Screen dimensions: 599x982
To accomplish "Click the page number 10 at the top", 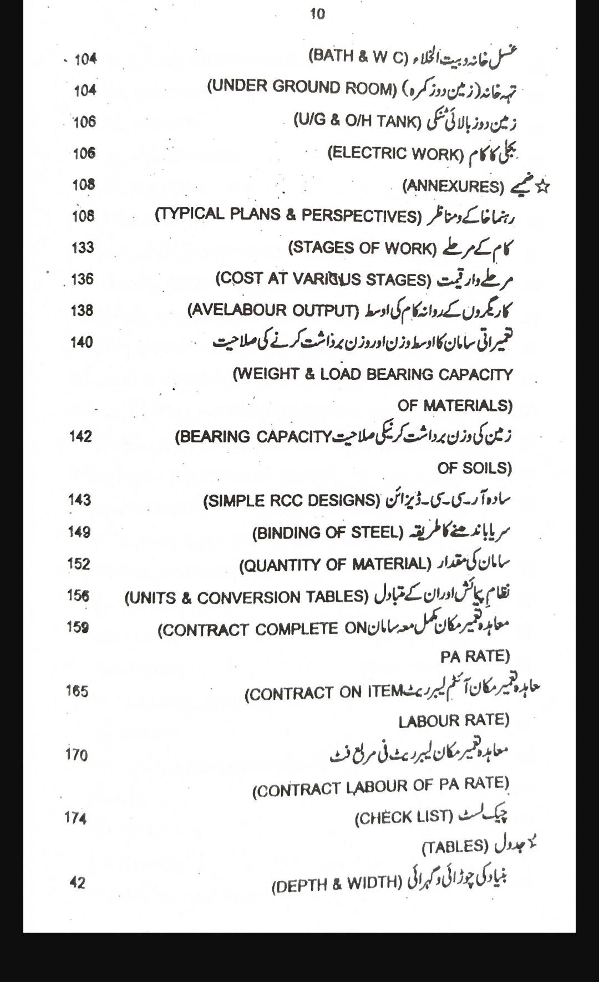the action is pyautogui.click(x=317, y=14).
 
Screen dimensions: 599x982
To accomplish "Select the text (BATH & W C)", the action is pyautogui.click(x=358, y=56).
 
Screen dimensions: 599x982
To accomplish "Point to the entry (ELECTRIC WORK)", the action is pyautogui.click(x=395, y=153).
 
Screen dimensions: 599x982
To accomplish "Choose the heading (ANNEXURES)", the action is pyautogui.click(x=453, y=186).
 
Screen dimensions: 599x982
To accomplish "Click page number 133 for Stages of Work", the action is pyautogui.click(x=83, y=247).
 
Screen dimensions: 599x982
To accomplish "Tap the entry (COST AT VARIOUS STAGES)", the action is pyautogui.click(x=323, y=278).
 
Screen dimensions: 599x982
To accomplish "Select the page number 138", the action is pyautogui.click(x=82, y=311).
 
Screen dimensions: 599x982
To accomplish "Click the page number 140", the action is pyautogui.click(x=82, y=342).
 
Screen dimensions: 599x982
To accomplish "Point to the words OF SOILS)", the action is pyautogui.click(x=474, y=468).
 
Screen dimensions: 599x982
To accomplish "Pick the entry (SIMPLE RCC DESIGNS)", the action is pyautogui.click(x=292, y=501).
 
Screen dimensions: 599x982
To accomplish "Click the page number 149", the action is pyautogui.click(x=79, y=532).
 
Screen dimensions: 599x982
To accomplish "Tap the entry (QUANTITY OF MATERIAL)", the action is pyautogui.click(x=335, y=564).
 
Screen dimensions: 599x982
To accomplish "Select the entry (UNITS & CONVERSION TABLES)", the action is pyautogui.click(x=247, y=597).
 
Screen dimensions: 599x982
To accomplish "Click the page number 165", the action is pyautogui.click(x=77, y=691).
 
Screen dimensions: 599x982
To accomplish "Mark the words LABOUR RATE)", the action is pyautogui.click(x=454, y=720).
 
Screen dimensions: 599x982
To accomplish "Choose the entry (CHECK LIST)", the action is pyautogui.click(x=404, y=817).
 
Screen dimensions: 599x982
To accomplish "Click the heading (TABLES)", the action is pyautogui.click(x=455, y=847).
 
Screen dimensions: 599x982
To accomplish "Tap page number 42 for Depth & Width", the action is pyautogui.click(x=77, y=882).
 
